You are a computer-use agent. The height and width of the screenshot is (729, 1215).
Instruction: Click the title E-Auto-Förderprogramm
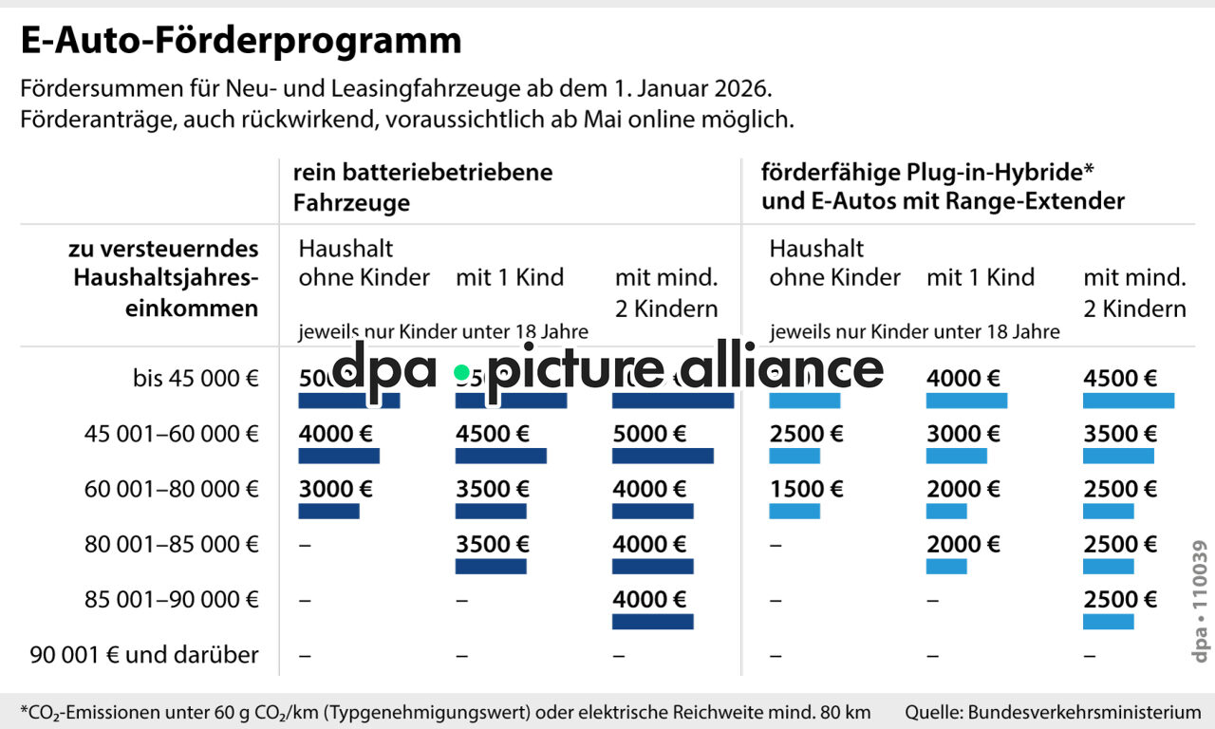pos(241,41)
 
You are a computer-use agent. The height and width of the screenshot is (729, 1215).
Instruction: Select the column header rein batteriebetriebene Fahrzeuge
pos(422,187)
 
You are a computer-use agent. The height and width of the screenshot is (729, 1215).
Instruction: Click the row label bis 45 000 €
pos(196,379)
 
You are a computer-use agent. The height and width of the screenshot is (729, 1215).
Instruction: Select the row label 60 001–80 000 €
pos(171,489)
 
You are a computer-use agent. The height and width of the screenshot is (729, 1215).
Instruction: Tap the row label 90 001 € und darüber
pos(144,654)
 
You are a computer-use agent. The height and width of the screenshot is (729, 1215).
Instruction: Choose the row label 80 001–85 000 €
pos(171,544)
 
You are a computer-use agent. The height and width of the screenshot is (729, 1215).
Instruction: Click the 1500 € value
pos(806,489)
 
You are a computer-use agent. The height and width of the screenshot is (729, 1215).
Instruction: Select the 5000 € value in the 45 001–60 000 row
pos(649,434)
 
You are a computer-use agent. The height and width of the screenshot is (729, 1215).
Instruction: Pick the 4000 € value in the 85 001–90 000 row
pos(649,599)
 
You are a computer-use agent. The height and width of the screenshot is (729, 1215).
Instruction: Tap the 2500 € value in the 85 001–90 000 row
pos(1120,599)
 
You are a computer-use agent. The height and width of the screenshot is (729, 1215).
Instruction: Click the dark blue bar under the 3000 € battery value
pos(328,512)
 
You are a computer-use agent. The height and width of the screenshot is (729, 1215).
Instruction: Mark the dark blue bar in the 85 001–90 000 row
pos(652,622)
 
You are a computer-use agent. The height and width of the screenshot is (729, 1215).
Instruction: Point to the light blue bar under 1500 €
pos(794,512)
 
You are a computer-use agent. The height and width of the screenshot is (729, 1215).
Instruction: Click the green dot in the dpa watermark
pos(461,373)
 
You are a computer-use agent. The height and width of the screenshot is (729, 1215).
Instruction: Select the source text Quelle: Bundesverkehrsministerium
pos(1053,712)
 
